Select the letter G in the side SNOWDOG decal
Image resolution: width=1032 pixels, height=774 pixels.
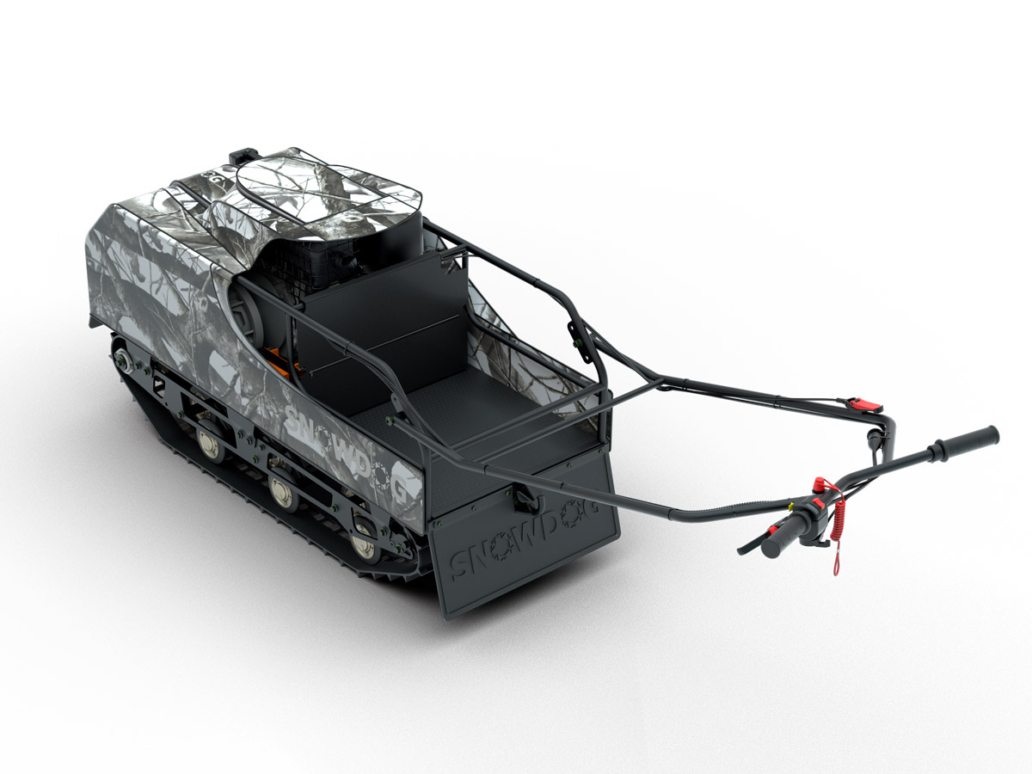click(x=399, y=490)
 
